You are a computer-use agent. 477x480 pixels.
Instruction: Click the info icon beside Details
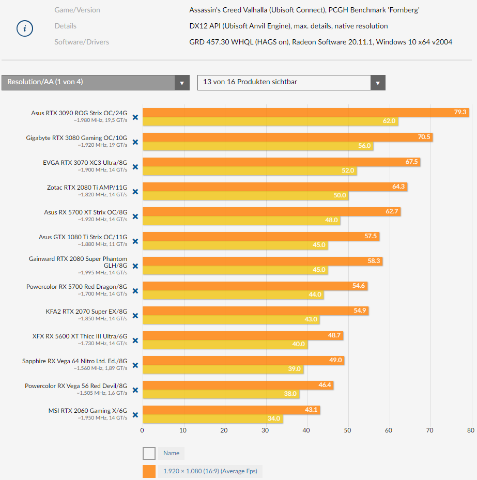tap(24, 29)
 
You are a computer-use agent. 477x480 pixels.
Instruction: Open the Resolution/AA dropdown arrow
tap(182, 83)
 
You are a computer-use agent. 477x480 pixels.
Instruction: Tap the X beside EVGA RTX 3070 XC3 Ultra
tap(135, 167)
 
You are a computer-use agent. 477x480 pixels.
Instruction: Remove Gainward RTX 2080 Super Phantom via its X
tap(135, 266)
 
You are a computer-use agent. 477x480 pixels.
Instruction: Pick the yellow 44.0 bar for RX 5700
tap(233, 295)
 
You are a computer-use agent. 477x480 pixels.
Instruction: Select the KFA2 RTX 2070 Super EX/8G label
tap(86, 312)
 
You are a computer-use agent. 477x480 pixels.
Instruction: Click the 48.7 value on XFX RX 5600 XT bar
tap(334, 335)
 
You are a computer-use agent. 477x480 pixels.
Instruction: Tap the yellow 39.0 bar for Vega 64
tap(223, 369)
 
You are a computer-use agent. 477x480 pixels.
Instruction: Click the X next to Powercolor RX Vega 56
tap(135, 390)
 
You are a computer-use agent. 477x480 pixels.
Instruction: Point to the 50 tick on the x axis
tap(348, 430)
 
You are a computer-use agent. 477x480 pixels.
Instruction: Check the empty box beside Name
tap(149, 453)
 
